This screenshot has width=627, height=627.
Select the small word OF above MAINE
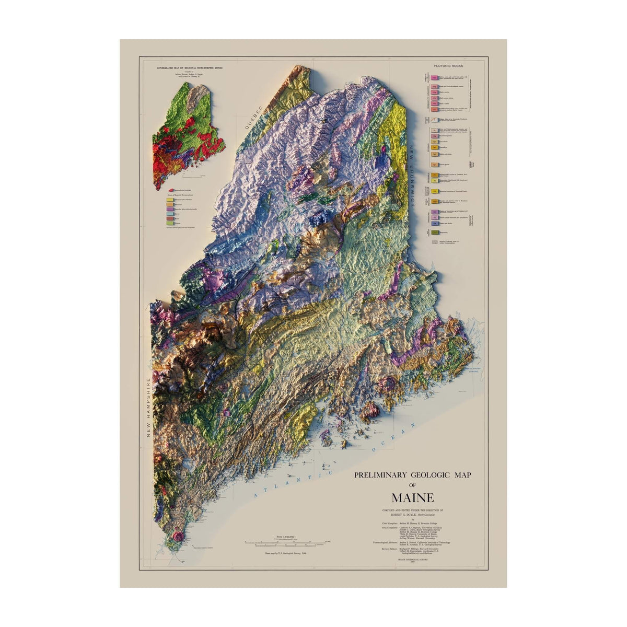pos(412,485)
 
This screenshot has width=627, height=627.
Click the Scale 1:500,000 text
pos(286,537)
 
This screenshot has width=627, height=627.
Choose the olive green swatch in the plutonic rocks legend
pos(434,231)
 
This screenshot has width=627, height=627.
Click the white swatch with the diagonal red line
pos(434,120)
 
